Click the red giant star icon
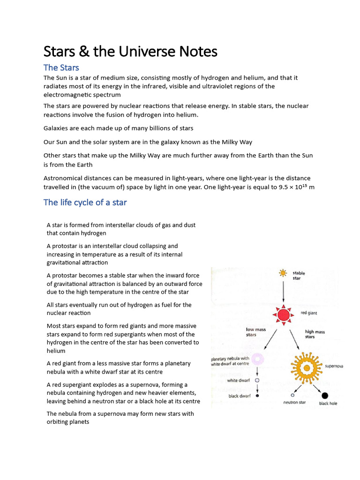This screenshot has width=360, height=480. click(283, 315)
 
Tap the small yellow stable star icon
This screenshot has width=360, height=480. click(283, 273)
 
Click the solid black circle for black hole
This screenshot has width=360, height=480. click(325, 395)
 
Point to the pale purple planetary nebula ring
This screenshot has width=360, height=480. click(257, 360)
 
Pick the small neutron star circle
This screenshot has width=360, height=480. click(292, 395)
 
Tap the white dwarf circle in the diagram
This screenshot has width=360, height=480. click(257, 381)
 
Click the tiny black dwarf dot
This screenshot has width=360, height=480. click(257, 396)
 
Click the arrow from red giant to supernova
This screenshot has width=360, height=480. click(295, 339)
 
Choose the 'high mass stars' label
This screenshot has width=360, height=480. click(315, 334)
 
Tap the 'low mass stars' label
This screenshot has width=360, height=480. click(256, 332)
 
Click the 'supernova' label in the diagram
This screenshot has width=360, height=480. click(334, 366)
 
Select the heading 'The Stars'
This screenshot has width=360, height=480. click(61, 67)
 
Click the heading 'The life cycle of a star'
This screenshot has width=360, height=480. click(85, 202)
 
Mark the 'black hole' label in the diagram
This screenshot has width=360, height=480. click(328, 403)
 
